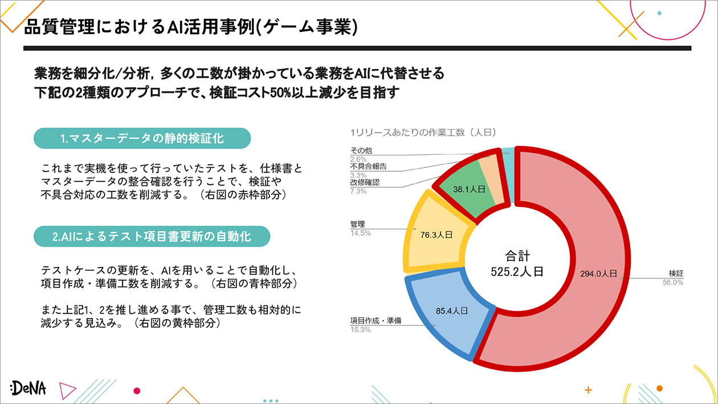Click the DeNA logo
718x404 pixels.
28,388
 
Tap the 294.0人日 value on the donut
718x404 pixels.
598,274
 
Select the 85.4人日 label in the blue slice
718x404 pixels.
452,311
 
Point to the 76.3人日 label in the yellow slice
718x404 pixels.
436,235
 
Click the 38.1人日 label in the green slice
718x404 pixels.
469,189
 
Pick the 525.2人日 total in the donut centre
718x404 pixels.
517,272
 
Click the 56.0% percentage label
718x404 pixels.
673,283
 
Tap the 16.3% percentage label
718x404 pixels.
360,329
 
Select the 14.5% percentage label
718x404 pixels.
360,233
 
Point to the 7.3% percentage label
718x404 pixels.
358,191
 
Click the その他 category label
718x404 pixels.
361,150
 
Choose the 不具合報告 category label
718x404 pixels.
368,166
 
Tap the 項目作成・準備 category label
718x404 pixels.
376,321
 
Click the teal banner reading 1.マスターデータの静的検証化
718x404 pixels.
142,138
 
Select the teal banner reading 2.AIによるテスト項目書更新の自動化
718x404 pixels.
152,236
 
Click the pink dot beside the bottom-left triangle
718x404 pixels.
137,390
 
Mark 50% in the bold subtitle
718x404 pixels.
280,93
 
